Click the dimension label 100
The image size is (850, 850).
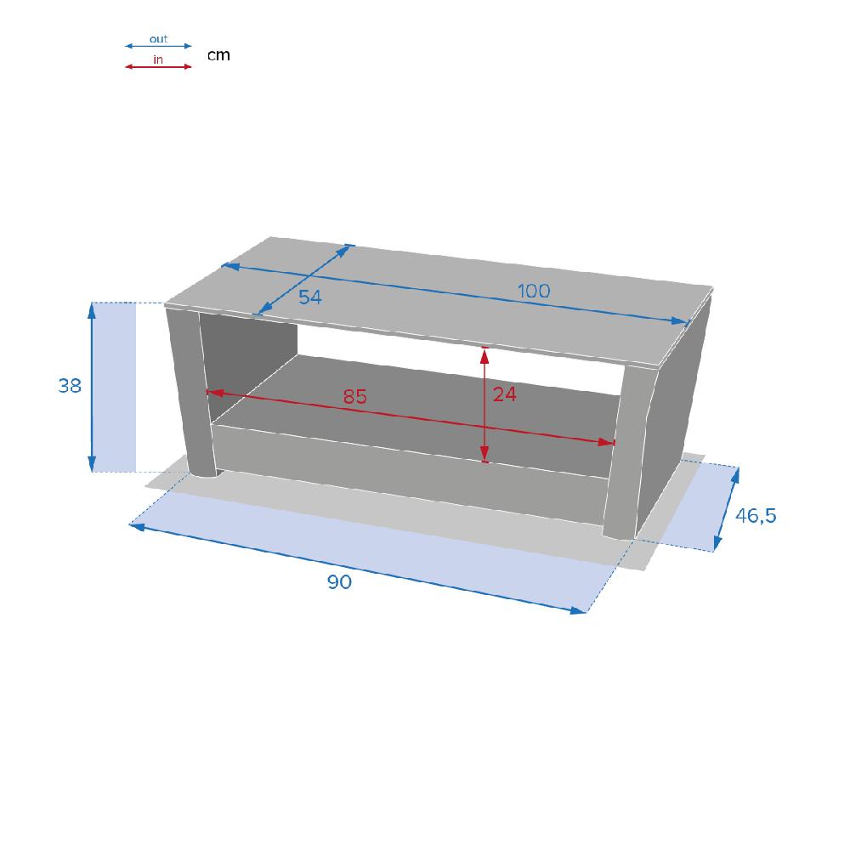pos(534,291)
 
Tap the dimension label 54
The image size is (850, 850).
pos(310,297)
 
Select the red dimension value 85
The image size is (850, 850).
pos(355,397)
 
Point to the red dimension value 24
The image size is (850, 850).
pos(504,394)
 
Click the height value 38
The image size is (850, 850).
pos(70,385)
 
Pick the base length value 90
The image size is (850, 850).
pos(339,581)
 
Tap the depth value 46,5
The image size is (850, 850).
pos(756,516)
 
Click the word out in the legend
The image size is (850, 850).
pos(158,39)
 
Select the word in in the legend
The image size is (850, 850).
pos(158,59)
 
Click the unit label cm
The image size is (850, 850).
pos(218,55)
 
